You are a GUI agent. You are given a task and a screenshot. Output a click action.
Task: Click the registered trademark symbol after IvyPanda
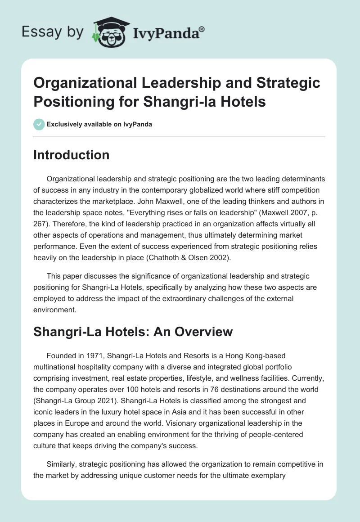(202, 29)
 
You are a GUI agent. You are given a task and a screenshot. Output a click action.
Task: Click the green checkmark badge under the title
(39, 124)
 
